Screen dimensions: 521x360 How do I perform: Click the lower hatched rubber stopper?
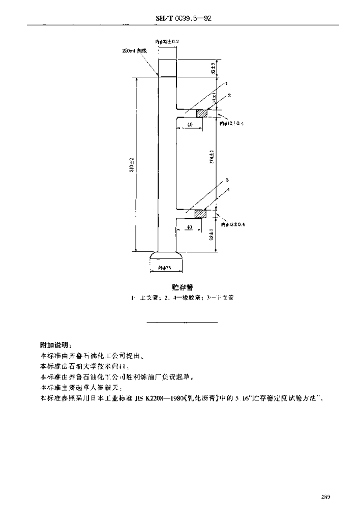point(199,214)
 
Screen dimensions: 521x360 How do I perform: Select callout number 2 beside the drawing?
point(229,95)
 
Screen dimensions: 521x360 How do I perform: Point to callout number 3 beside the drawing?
point(227,180)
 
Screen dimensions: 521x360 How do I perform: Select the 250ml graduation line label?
point(135,51)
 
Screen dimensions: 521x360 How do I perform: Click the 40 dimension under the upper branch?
point(189,125)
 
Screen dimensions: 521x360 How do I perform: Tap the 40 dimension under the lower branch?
point(189,226)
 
